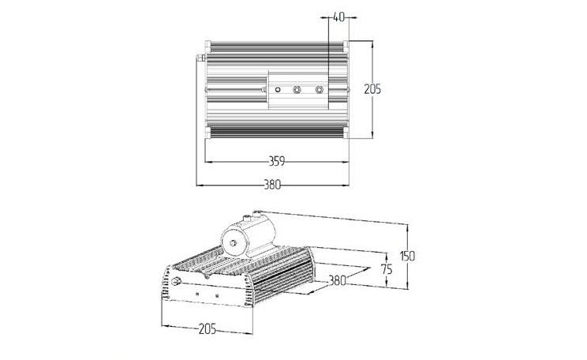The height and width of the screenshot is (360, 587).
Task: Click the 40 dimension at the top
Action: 338,17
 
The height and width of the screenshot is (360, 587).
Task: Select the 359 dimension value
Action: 277,161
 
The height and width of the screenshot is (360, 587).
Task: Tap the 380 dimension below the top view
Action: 272,185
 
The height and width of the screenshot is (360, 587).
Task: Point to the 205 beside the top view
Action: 372,89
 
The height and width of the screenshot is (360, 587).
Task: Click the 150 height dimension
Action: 407,257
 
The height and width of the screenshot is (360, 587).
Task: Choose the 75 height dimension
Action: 387,269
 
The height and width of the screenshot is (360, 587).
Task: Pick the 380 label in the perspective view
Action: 338,280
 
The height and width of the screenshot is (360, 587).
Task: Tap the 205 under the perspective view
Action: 208,329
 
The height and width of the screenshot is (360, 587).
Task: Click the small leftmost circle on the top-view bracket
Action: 278,89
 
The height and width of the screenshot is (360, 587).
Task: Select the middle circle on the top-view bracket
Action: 297,89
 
